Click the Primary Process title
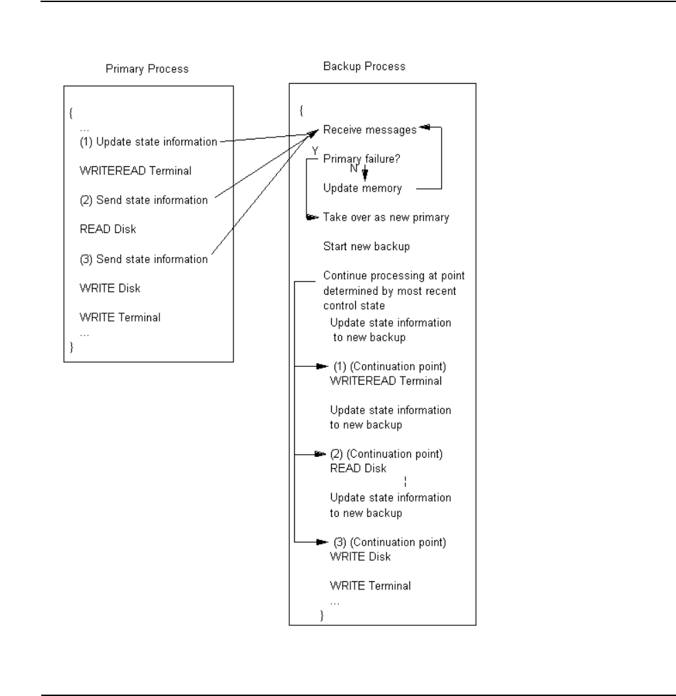pos(147,69)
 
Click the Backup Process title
pos(363,67)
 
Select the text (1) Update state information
pos(148,142)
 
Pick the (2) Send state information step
pos(144,200)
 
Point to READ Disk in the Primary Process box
pos(108,229)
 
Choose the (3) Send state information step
pos(144,259)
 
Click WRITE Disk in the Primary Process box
pos(110,289)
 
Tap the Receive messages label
pos(370,128)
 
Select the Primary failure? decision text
pos(362,158)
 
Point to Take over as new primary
pos(385,217)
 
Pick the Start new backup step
pos(362,246)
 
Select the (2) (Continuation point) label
pos(387,454)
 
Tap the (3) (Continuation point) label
pos(390,542)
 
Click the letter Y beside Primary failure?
pos(315,150)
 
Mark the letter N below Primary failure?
pos(352,168)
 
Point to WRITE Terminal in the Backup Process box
pos(370,586)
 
